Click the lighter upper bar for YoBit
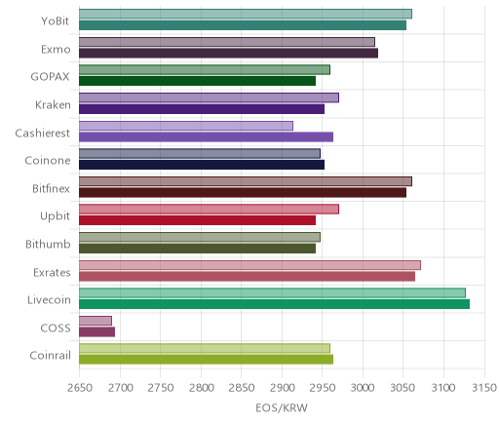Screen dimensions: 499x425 pyautogui.click(x=246, y=14)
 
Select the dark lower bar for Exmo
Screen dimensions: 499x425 pyautogui.click(x=228, y=54)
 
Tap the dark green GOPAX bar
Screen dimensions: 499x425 pyautogui.click(x=198, y=81)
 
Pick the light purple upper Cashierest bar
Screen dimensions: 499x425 pyautogui.click(x=186, y=126)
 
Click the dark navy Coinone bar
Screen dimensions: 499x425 pyautogui.click(x=202, y=165)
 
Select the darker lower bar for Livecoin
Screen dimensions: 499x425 pyautogui.click(x=275, y=304)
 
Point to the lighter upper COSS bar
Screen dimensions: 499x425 pyautogui.click(x=96, y=321)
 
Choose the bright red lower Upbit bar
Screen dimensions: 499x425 pyautogui.click(x=198, y=220)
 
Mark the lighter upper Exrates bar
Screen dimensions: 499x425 pyautogui.click(x=250, y=265)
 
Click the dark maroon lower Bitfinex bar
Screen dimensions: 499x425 pyautogui.click(x=243, y=193)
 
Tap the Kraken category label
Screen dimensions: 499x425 pyautogui.click(x=53, y=105)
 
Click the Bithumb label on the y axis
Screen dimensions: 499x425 pyautogui.click(x=48, y=244)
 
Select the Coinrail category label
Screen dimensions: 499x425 pyautogui.click(x=50, y=356)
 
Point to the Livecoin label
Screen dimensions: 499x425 pyautogui.click(x=49, y=299)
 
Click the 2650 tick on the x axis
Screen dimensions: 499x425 pyautogui.click(x=80, y=388)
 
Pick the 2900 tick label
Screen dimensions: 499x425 pyautogui.click(x=282, y=388)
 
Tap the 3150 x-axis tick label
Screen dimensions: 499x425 pyautogui.click(x=484, y=388)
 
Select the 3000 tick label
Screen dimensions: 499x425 pyautogui.click(x=363, y=388)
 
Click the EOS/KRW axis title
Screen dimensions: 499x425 pyautogui.click(x=282, y=408)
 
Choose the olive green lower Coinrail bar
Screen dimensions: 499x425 pyautogui.click(x=207, y=360)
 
